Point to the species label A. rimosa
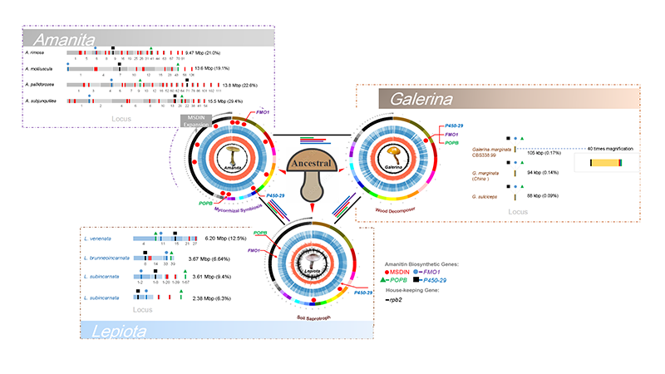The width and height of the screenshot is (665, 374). [34, 52]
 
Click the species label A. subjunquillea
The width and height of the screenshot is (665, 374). [40, 100]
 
